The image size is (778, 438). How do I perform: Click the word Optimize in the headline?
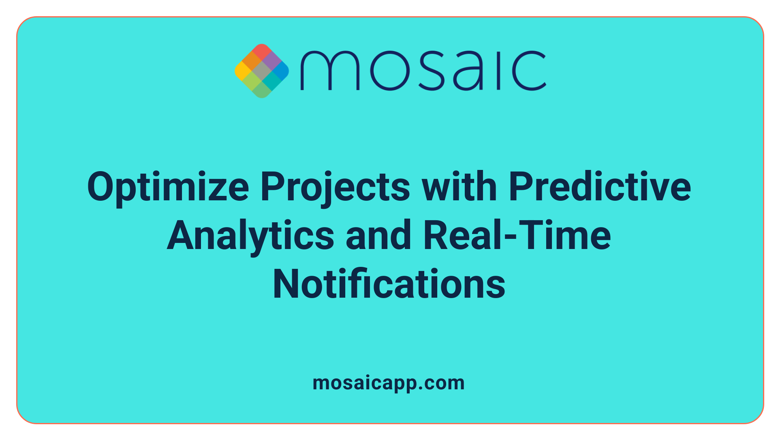[x=168, y=187]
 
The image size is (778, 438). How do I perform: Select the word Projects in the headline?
[x=335, y=187]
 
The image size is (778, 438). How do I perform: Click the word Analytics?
[x=250, y=236]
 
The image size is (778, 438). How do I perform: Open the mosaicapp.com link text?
[x=389, y=383]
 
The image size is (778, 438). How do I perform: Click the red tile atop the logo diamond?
[x=262, y=52]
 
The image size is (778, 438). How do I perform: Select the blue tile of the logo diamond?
[x=281, y=71]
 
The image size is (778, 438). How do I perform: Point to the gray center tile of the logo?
[x=262, y=71]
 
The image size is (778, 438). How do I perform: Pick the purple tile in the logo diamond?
[x=271, y=61]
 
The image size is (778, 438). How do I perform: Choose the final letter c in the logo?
[x=529, y=71]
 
